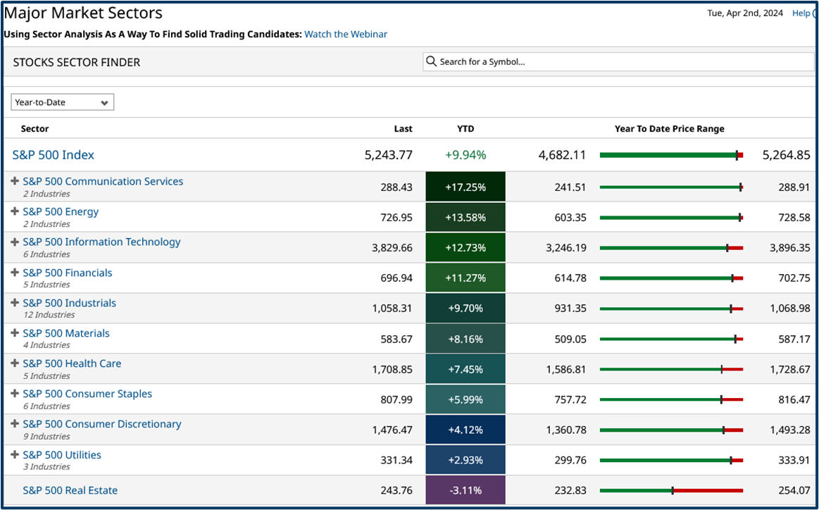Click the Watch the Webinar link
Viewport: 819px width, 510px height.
click(x=345, y=34)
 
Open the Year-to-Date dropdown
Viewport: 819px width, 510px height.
click(x=62, y=102)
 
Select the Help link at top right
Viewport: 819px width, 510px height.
click(x=801, y=13)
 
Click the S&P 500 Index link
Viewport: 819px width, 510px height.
click(x=54, y=155)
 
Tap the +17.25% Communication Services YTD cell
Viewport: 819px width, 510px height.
click(x=465, y=187)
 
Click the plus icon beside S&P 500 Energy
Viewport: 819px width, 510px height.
click(x=15, y=211)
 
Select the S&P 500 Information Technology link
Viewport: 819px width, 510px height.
click(x=101, y=242)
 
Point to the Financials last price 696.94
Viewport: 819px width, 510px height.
click(x=396, y=278)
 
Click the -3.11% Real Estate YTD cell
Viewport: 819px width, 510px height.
click(x=465, y=490)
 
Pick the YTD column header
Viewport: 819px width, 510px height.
click(x=465, y=129)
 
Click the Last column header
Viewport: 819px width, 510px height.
click(x=403, y=129)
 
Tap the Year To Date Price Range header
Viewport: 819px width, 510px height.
click(x=669, y=129)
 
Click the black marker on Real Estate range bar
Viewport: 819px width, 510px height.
click(x=673, y=490)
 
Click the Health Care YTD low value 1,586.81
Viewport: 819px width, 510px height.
click(x=566, y=369)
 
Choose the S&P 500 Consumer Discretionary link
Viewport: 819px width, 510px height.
click(x=101, y=424)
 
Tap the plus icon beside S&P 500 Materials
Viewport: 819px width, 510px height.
click(x=15, y=333)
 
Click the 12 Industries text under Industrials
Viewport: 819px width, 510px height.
click(x=49, y=315)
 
